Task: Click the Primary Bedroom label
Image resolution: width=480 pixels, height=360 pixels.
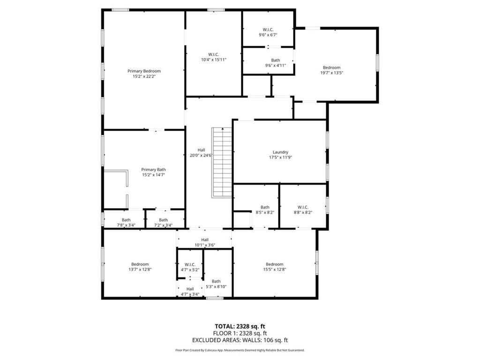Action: point(144,71)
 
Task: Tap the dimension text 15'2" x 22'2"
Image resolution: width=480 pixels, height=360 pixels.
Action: point(144,76)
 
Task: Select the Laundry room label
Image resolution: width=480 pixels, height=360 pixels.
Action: point(280,152)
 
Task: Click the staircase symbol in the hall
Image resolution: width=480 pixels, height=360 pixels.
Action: point(223,162)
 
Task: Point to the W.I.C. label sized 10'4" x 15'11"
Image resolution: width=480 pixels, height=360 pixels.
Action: point(214,54)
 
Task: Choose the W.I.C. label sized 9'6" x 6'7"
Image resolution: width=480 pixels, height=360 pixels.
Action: point(268,30)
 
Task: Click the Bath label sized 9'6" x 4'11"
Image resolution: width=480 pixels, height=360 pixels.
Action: point(276,60)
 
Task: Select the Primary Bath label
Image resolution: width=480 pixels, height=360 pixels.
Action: point(154,170)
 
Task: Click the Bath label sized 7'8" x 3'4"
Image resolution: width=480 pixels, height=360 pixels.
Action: point(126,220)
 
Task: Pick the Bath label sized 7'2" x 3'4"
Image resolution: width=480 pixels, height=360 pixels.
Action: point(163,220)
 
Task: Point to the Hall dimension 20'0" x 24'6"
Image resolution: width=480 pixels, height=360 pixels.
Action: point(201,155)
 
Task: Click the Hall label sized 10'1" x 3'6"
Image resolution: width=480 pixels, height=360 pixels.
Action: point(205,240)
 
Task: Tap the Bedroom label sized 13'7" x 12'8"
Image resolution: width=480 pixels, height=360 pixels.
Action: point(140,264)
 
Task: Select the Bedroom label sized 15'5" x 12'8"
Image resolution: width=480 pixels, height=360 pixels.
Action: point(274,264)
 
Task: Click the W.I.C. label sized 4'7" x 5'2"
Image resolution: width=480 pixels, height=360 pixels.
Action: point(190,264)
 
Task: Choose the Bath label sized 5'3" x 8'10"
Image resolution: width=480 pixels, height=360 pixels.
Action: point(216,281)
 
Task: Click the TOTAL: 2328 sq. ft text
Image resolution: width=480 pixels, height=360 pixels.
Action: point(240,326)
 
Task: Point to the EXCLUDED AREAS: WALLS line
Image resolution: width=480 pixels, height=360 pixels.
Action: point(240,340)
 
